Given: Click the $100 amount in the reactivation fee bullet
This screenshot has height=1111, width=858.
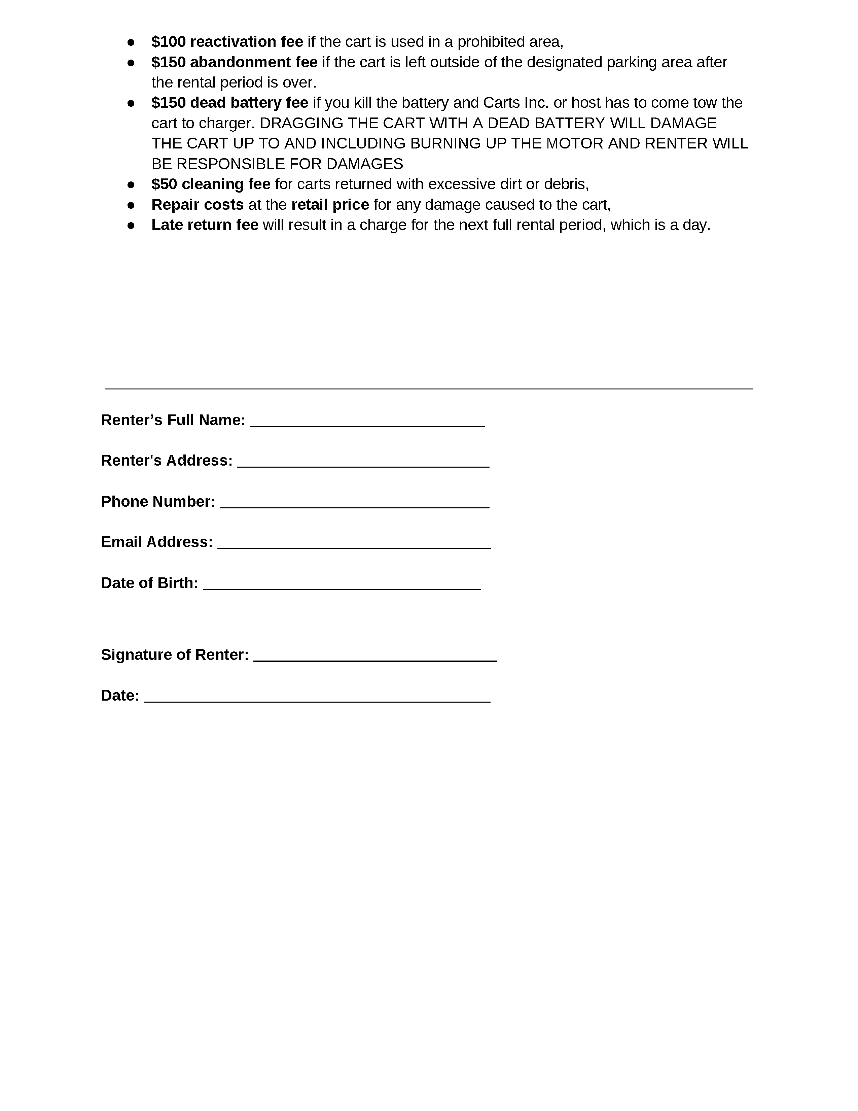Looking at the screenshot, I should pyautogui.click(x=168, y=42).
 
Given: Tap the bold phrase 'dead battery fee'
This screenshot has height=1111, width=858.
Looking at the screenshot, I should pyautogui.click(x=249, y=103).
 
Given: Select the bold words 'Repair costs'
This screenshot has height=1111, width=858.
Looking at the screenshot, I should pyautogui.click(x=197, y=204).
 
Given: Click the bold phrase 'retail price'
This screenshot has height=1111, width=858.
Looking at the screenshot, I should pyautogui.click(x=330, y=204).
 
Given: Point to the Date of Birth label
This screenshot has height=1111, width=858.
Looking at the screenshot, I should pyautogui.click(x=149, y=583).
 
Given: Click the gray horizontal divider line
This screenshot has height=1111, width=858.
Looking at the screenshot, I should pyautogui.click(x=428, y=389).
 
